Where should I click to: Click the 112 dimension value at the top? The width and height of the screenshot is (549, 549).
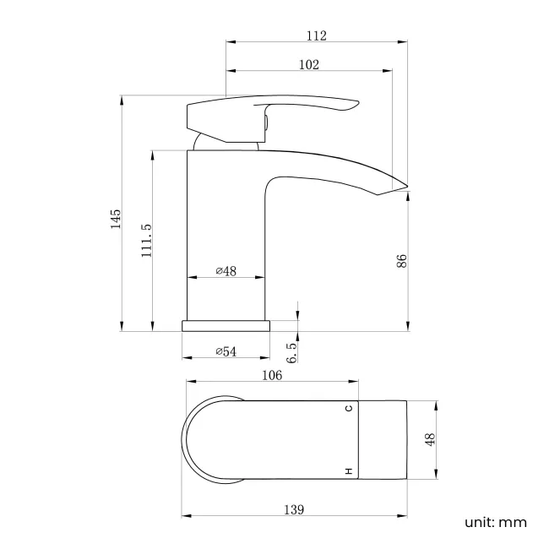point(317,35)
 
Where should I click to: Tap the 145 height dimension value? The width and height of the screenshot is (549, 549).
point(116,219)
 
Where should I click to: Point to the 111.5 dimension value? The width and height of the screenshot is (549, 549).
point(146,240)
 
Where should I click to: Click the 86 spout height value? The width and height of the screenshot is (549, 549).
point(402,261)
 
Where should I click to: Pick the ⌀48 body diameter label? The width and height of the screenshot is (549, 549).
point(226,271)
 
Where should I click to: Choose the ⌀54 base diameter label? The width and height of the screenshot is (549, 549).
point(226,351)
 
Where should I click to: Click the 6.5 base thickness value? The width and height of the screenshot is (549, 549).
point(292,353)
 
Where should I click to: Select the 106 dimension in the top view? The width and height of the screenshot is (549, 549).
point(272,377)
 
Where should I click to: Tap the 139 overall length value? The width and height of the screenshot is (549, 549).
point(293,509)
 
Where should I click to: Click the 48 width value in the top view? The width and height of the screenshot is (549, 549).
point(429,440)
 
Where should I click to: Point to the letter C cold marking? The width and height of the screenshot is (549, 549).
point(348,409)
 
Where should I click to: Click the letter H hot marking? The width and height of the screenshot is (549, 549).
point(348,470)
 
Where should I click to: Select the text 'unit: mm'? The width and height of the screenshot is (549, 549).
point(496,522)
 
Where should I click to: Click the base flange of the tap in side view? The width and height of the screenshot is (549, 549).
point(226,325)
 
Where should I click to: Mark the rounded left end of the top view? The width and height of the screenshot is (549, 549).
point(188,440)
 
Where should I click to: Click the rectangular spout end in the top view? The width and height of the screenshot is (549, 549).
point(383,440)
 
